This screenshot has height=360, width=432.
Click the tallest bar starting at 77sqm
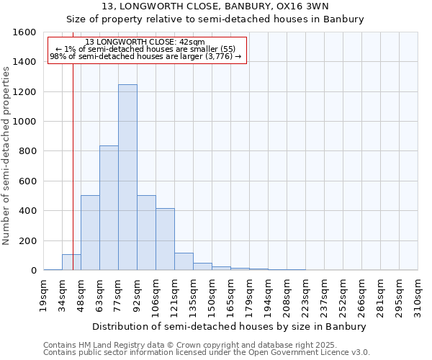(127, 177)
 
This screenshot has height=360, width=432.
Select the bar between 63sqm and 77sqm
(109, 208)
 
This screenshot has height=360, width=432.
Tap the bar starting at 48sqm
(90, 233)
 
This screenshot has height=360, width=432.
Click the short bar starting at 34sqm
(71, 262)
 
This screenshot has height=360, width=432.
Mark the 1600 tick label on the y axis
(24, 32)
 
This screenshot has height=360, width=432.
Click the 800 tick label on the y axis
(27, 151)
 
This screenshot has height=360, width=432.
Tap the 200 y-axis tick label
(27, 240)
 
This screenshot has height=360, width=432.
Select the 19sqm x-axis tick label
(44, 294)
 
